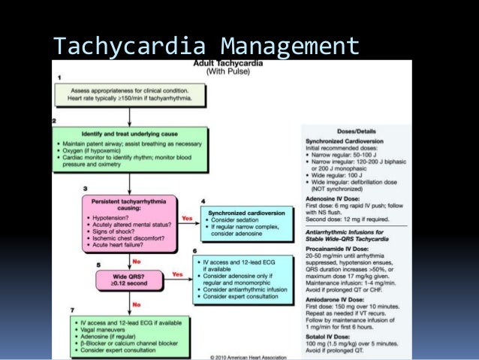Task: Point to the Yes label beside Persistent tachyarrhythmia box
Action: (x=187, y=219)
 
